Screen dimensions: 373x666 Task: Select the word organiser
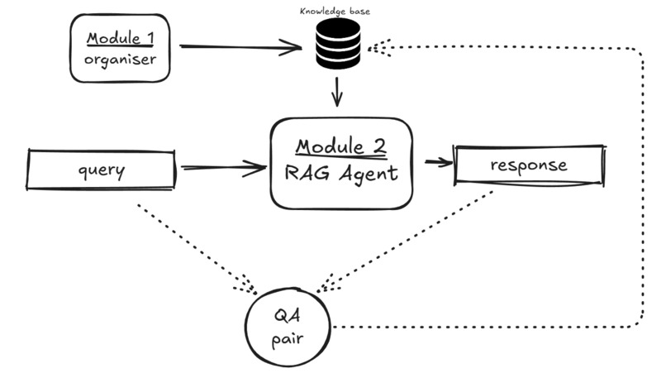120,60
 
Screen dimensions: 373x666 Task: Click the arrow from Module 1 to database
240,47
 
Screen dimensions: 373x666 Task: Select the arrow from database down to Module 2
337,92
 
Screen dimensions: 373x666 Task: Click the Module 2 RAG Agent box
340,163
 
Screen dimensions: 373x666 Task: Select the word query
102,170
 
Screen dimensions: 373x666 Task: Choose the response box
528,165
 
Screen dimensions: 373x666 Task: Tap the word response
528,165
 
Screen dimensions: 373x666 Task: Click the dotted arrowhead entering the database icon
377,49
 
